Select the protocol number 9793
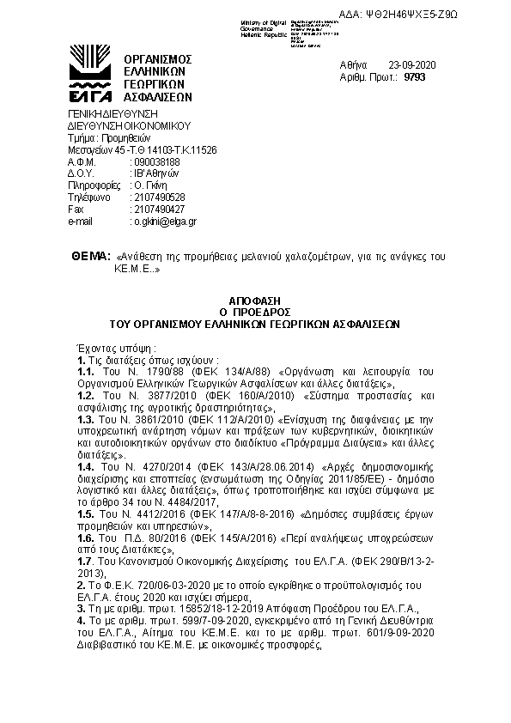click(x=414, y=77)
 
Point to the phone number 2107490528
click(x=158, y=197)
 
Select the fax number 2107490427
click(x=158, y=209)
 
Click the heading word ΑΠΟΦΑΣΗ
click(x=255, y=293)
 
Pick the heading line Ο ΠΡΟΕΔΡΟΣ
click(x=255, y=303)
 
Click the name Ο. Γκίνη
click(x=149, y=185)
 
